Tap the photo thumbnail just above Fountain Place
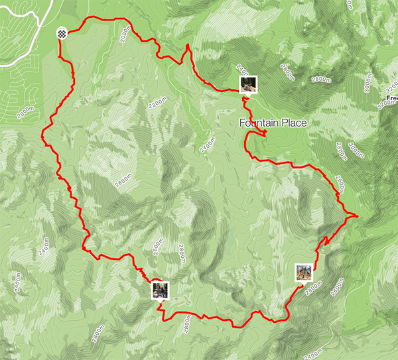pyautogui.click(x=247, y=84)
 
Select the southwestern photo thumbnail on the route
pyautogui.click(x=160, y=289)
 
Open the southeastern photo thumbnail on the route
pyautogui.click(x=304, y=272)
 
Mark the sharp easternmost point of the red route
pyautogui.click(x=357, y=215)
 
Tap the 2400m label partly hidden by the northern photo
pyautogui.click(x=241, y=70)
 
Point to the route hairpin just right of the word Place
pyautogui.click(x=265, y=135)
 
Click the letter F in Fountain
pyautogui.click(x=243, y=123)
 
